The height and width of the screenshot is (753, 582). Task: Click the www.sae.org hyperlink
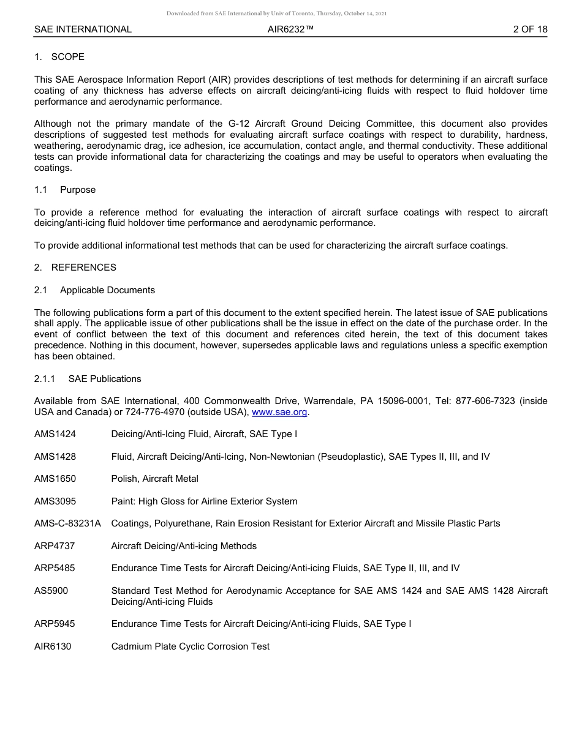(x=279, y=412)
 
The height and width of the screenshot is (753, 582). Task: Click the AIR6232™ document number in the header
(x=291, y=29)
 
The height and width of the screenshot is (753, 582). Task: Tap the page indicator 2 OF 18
(x=530, y=29)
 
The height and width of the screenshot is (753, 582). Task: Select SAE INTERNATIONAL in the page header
(x=83, y=29)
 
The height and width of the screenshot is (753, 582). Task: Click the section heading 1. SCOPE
(x=59, y=57)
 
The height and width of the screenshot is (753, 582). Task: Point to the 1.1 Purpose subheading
(x=65, y=190)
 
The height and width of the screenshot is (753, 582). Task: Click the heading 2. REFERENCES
(x=75, y=268)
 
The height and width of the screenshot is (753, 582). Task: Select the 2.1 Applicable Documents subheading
(x=94, y=290)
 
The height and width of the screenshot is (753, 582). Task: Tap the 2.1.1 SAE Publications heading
(x=88, y=379)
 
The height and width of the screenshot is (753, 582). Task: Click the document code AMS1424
(x=55, y=434)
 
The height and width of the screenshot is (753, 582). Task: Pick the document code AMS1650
(x=55, y=479)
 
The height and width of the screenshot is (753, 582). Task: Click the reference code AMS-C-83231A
(x=67, y=523)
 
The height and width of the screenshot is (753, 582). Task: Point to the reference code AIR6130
(x=53, y=646)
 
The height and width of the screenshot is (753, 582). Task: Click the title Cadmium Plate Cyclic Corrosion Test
(x=190, y=646)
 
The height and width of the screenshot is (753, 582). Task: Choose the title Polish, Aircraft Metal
(x=154, y=479)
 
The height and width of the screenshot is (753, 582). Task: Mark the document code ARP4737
(x=55, y=546)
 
